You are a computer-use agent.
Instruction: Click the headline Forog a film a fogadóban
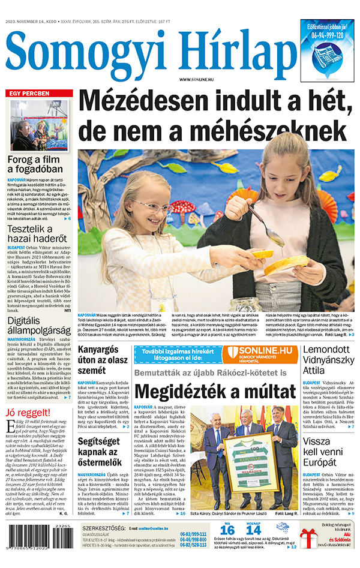click(38, 166)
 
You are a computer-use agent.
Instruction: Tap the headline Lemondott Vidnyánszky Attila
click(329, 360)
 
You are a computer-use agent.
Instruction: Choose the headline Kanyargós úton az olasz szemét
click(103, 359)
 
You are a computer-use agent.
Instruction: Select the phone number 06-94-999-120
click(328, 35)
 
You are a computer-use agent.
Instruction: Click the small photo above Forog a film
click(38, 126)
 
